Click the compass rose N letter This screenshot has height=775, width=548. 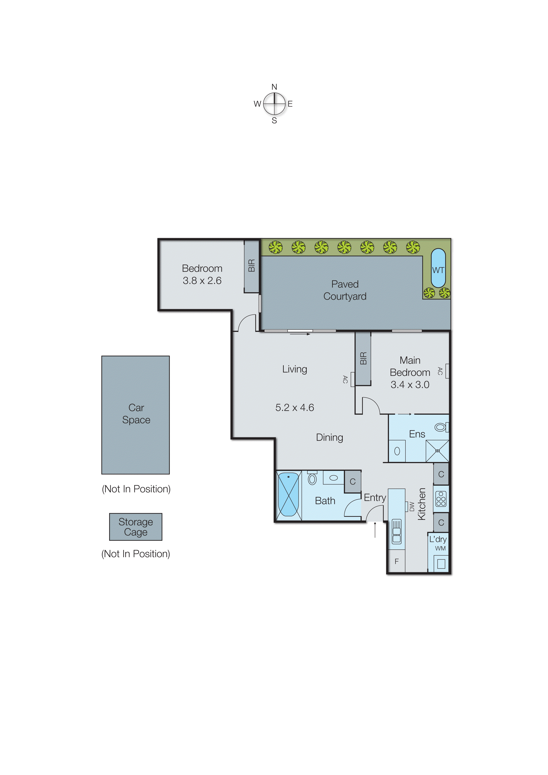274,87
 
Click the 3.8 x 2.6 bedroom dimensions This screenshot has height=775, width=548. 202,281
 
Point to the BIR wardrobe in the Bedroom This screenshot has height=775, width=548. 251,266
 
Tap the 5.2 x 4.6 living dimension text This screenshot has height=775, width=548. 294,407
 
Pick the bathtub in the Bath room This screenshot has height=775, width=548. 288,495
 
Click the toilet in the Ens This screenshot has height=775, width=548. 441,427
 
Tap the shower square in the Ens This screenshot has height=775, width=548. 437,451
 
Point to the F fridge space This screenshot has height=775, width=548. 396,561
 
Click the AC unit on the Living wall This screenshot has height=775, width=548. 352,379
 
